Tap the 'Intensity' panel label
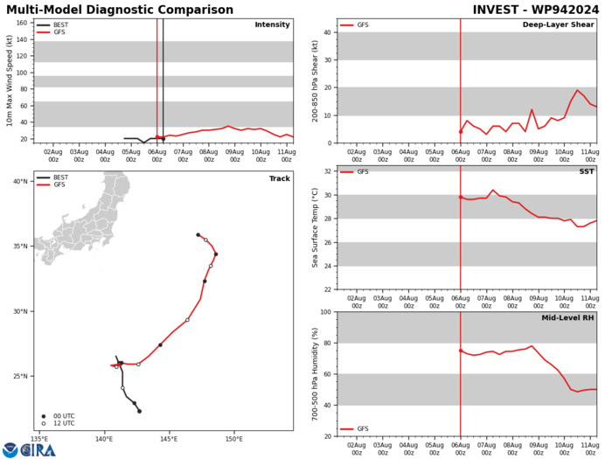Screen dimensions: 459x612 coord(272,24)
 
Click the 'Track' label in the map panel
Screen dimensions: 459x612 coord(279,177)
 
